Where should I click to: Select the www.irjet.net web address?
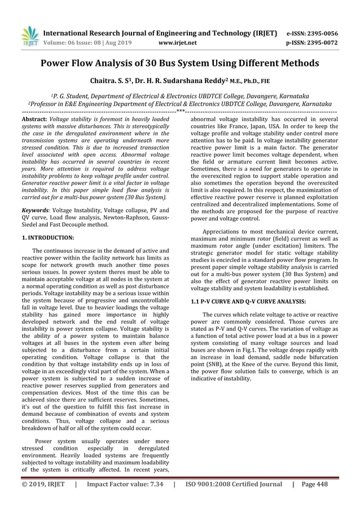pos(177,42)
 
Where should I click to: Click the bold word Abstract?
pos(33,120)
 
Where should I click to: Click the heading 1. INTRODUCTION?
pos(47,238)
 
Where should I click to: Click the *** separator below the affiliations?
pos(180,111)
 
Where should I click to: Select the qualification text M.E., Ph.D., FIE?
pos(245,82)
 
